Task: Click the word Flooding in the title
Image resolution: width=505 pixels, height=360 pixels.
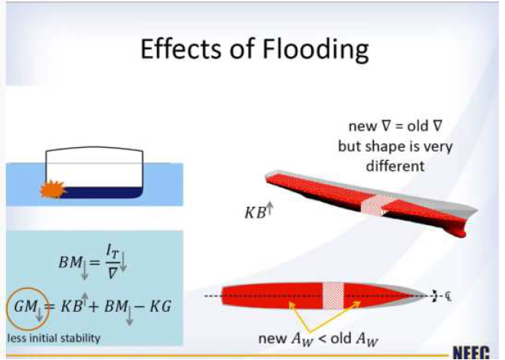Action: pos(316,50)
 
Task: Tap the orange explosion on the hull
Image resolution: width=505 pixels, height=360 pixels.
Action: pos(53,189)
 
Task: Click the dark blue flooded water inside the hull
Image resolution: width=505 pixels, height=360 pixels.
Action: pos(101,192)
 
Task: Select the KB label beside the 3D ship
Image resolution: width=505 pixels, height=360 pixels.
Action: pos(256,213)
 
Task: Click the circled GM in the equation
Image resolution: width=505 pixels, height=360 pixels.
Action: pos(25,306)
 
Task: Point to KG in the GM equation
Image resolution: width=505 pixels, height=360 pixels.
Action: pos(160,306)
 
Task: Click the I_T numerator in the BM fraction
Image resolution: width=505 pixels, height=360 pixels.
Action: pos(113,257)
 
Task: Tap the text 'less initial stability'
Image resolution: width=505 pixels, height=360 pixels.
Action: pos(54,338)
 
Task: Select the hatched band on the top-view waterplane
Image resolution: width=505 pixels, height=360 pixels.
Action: pos(333,296)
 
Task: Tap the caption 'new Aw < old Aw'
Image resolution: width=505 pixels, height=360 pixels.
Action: pos(319,339)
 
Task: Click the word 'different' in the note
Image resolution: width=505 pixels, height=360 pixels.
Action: pos(395,166)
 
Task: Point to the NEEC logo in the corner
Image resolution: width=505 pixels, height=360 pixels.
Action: pos(471,352)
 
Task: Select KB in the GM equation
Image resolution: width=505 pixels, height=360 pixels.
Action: pos(71,306)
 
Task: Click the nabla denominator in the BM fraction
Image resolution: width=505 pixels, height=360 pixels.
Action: pos(112,273)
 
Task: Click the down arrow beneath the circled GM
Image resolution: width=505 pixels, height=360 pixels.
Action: pos(39,315)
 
